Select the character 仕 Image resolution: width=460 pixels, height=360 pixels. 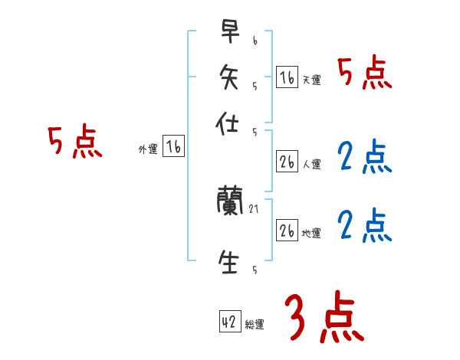[x=229, y=123]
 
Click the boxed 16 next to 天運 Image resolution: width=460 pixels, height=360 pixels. [x=287, y=77]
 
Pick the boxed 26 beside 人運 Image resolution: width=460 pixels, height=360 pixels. [x=287, y=162]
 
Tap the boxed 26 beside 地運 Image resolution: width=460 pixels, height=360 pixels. [x=287, y=231]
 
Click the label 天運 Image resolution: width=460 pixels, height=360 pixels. [x=311, y=80]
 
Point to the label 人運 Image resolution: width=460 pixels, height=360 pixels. [x=311, y=164]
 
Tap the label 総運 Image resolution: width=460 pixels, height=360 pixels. [x=255, y=325]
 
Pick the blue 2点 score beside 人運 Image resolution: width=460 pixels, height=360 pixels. [x=365, y=157]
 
